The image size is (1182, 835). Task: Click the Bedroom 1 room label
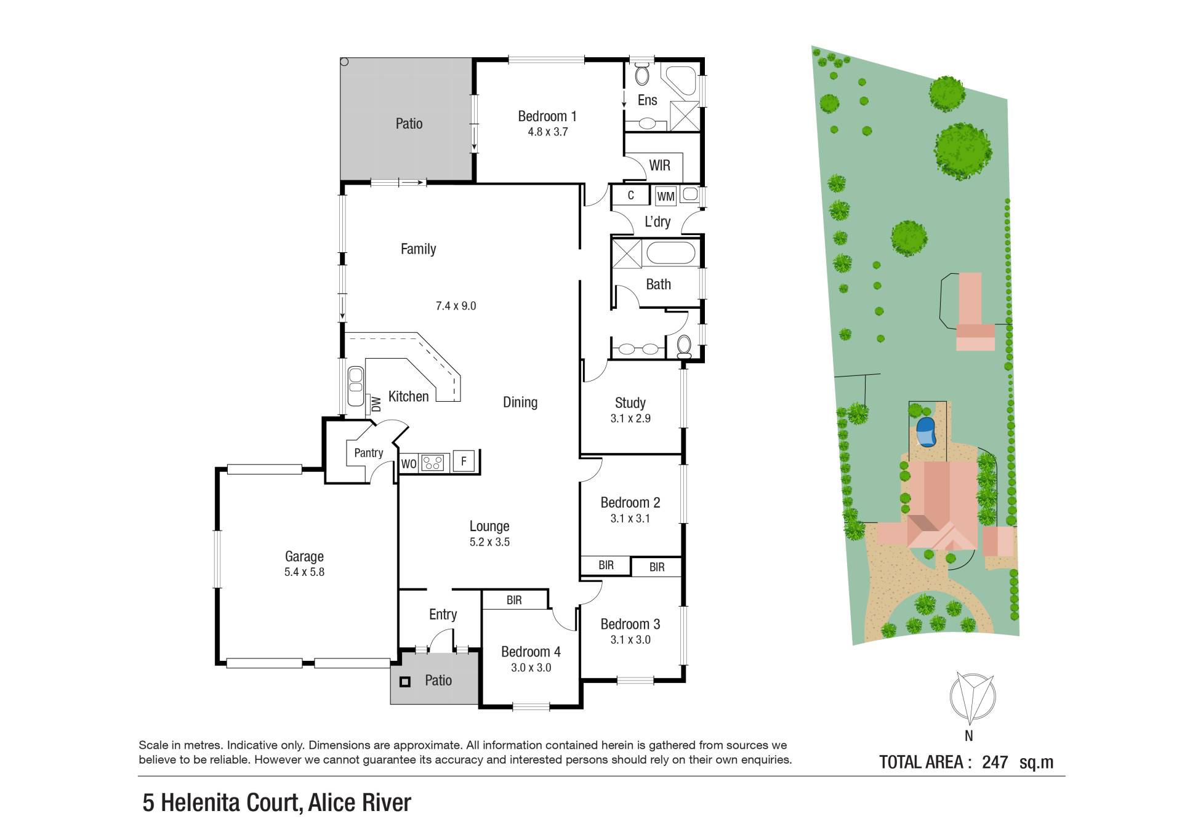(547, 116)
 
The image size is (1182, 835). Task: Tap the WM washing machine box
(665, 196)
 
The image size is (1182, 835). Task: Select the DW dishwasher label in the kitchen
(376, 404)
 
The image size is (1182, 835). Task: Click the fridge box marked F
(464, 461)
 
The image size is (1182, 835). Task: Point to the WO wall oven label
(409, 464)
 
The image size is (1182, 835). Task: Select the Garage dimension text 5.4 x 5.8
(304, 572)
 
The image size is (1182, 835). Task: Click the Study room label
(630, 403)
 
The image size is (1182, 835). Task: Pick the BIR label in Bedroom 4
(514, 600)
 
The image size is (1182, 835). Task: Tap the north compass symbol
(972, 698)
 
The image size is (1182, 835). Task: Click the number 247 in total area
(995, 762)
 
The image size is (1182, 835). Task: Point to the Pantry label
(368, 453)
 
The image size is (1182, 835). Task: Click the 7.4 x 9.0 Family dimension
(456, 306)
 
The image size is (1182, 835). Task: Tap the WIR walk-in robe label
(659, 165)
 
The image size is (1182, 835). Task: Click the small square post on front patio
(404, 682)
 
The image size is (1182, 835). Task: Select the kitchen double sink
(356, 386)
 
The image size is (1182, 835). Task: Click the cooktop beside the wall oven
(432, 462)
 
